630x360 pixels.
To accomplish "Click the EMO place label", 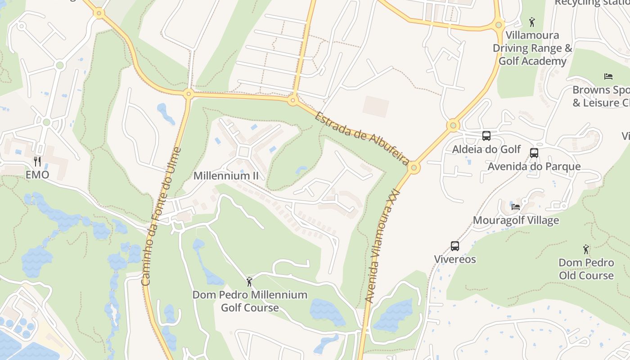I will pyautogui.click(x=37, y=175).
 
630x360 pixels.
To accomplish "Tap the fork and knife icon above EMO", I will pyautogui.click(x=37, y=161).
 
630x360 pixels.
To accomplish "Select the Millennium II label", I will pyautogui.click(x=226, y=175).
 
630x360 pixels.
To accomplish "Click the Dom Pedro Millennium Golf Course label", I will pyautogui.click(x=250, y=301).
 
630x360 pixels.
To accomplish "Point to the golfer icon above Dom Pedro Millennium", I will pyautogui.click(x=249, y=282).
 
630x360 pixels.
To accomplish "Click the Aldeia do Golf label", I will pyautogui.click(x=486, y=149).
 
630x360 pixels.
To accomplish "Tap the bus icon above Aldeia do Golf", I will pyautogui.click(x=486, y=135).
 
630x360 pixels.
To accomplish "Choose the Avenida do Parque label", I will pyautogui.click(x=534, y=166).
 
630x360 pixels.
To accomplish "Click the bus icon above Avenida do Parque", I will pyautogui.click(x=534, y=153).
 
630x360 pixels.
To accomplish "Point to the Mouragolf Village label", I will pyautogui.click(x=516, y=220).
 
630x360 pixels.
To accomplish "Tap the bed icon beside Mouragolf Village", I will pyautogui.click(x=516, y=207).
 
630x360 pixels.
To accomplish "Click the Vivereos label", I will pyautogui.click(x=455, y=259).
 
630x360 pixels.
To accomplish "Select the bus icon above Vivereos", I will pyautogui.click(x=455, y=246).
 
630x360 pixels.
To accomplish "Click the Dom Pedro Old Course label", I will pyautogui.click(x=586, y=269).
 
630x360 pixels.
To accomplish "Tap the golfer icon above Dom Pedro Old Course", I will pyautogui.click(x=586, y=249).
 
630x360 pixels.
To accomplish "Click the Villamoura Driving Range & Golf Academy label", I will pyautogui.click(x=532, y=48).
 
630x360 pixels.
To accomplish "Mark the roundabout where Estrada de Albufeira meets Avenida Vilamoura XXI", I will pyautogui.click(x=414, y=168).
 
